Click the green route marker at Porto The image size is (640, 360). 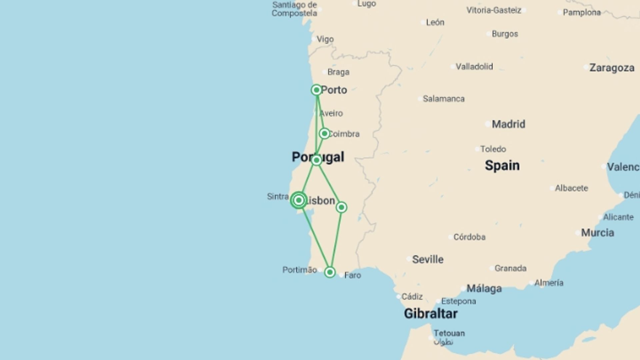316,90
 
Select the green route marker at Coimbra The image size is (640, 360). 324,134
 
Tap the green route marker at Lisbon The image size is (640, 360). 299,200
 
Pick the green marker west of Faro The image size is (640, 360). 330,272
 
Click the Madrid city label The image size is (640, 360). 508,124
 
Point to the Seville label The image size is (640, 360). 428,259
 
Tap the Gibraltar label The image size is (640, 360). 431,314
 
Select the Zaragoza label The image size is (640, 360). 612,68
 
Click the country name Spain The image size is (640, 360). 502,165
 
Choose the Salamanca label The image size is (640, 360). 443,99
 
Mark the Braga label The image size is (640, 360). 338,72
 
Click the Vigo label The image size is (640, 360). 325,39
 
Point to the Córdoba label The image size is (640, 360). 469,237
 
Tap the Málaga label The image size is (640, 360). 484,288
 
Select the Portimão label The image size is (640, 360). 299,270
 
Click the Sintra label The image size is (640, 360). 278,196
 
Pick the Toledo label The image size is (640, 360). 493,149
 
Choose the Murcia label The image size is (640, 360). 597,233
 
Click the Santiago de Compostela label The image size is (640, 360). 294,9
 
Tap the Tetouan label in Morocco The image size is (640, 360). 449,333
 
